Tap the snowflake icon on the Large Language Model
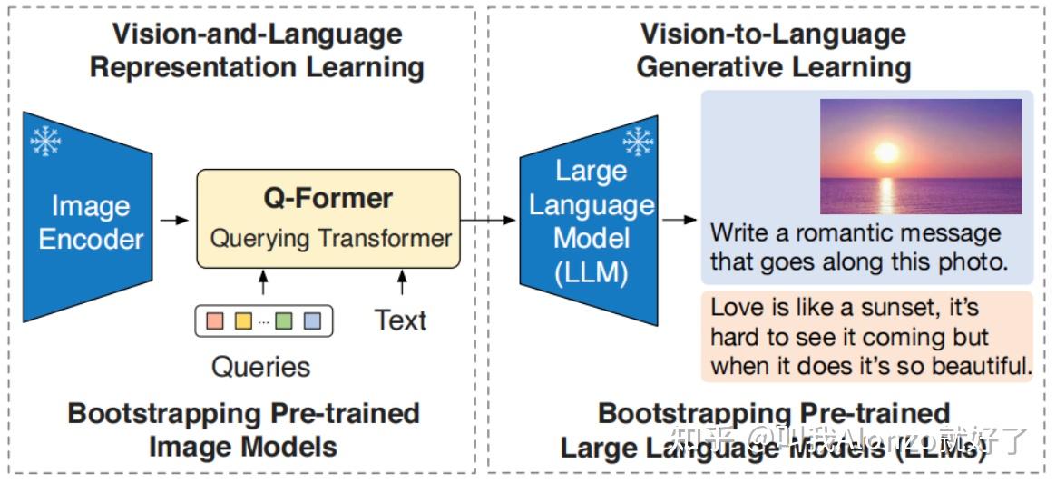pos(638,142)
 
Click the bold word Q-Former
pos(328,198)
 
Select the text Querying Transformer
pos(330,239)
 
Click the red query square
pos(215,320)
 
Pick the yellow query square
pos(242,320)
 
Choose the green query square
pos(285,320)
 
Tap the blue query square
pos(312,320)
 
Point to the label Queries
pos(260,367)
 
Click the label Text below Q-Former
pos(400,320)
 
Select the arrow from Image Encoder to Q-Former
pos(175,220)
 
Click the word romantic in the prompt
pos(855,232)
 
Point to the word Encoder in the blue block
pos(91,240)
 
